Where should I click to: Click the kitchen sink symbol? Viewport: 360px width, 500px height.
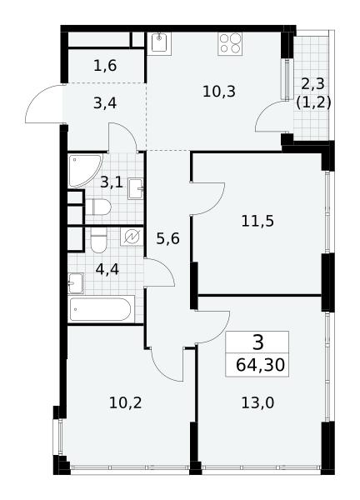click(x=159, y=43)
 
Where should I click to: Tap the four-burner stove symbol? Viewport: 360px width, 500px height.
click(x=230, y=43)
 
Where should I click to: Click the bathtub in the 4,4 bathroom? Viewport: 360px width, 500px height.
click(x=101, y=308)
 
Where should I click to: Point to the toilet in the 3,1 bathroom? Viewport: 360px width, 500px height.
click(x=98, y=207)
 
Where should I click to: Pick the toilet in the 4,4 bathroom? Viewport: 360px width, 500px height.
click(x=98, y=240)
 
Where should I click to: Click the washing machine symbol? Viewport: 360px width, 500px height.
click(x=132, y=237)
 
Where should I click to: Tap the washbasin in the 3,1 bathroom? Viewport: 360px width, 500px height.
click(x=136, y=189)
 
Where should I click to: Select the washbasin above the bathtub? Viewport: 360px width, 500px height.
click(x=76, y=282)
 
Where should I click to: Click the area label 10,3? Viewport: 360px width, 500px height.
click(x=219, y=92)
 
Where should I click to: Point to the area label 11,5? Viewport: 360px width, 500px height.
click(x=257, y=221)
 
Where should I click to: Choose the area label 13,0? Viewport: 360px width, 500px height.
click(x=257, y=403)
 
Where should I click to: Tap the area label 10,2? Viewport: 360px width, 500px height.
click(x=125, y=403)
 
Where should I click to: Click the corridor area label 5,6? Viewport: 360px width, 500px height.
click(x=168, y=238)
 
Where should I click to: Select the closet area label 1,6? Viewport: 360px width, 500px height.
click(x=105, y=66)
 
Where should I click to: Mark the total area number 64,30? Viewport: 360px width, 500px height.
click(x=260, y=365)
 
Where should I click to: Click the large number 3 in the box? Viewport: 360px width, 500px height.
click(x=257, y=342)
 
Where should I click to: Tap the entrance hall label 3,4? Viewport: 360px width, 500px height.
click(x=105, y=103)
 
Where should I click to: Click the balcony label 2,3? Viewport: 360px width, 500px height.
click(x=312, y=84)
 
